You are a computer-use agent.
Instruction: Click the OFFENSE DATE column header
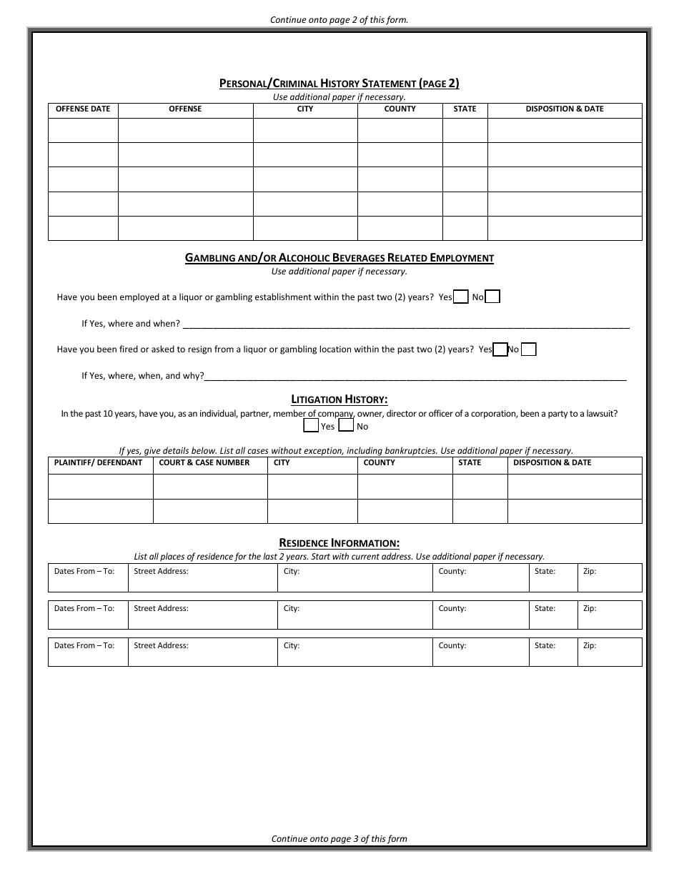coord(83,109)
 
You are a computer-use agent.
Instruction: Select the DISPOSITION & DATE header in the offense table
coord(564,109)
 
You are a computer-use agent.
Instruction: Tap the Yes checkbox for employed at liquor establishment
coord(461,297)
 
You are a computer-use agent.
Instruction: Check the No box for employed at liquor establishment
coord(492,297)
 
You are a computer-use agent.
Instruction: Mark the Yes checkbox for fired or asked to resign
coord(500,349)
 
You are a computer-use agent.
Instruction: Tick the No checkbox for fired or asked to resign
coord(529,349)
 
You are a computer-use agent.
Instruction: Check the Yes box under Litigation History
coord(311,426)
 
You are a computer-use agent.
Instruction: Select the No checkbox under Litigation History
coord(346,426)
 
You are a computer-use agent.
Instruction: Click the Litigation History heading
coord(339,399)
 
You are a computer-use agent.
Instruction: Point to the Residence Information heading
coord(339,543)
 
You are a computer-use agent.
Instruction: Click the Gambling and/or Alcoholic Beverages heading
coord(339,258)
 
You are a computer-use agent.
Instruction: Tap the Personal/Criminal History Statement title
coord(339,84)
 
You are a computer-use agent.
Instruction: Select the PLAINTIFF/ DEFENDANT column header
coord(99,463)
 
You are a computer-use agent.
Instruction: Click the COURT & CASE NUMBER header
coord(204,463)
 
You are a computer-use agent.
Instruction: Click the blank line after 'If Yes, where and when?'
coord(406,324)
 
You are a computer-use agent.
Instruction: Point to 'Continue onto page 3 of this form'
coord(339,839)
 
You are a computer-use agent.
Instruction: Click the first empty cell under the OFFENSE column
coord(185,131)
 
